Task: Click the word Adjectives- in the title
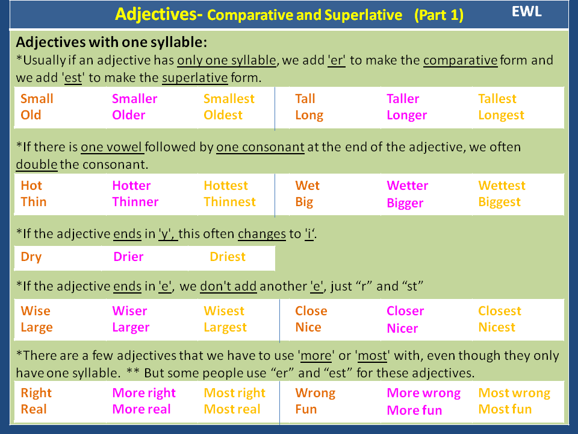(x=158, y=14)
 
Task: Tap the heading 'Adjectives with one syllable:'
(x=111, y=43)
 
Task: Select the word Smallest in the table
(x=229, y=99)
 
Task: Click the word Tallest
(x=497, y=99)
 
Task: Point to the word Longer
(x=406, y=115)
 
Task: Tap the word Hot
(x=31, y=186)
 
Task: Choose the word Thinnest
(x=229, y=202)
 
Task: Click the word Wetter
(x=407, y=186)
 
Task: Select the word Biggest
(x=499, y=203)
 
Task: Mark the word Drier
(x=128, y=257)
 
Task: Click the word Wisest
(x=224, y=311)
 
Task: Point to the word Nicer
(x=402, y=329)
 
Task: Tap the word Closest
(x=499, y=311)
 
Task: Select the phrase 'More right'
(x=144, y=393)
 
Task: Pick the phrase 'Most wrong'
(x=514, y=393)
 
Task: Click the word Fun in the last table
(x=306, y=409)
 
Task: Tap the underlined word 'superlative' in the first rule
(x=195, y=78)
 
